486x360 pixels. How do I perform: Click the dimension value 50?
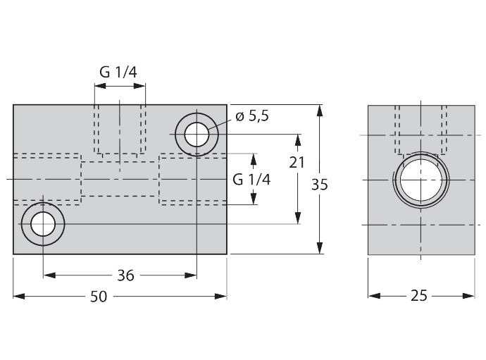click(99, 297)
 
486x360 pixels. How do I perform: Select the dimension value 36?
click(125, 275)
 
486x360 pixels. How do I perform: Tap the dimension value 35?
click(320, 185)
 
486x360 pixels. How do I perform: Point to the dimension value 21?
click(297, 161)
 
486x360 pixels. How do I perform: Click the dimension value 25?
click(419, 296)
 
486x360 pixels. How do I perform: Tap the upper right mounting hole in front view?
click(197, 132)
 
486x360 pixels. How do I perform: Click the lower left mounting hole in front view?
click(43, 224)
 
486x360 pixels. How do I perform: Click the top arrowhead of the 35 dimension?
click(320, 111)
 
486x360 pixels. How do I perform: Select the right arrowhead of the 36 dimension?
click(191, 275)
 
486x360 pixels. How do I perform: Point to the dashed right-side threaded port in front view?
click(190, 180)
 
